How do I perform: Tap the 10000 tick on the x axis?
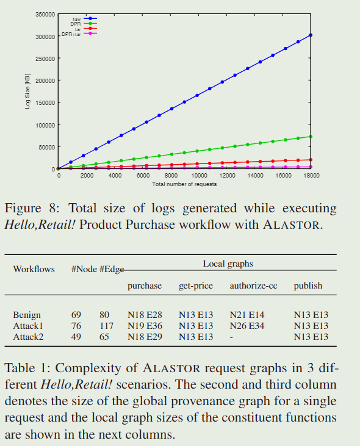[199, 175]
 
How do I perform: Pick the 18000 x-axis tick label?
[311, 175]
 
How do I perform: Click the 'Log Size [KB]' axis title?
[27, 92]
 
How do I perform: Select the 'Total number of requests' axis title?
[184, 184]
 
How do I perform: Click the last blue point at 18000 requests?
[311, 35]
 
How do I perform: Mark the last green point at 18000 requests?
[311, 137]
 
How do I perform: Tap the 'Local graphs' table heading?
[228, 264]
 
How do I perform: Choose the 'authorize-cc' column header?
[250, 286]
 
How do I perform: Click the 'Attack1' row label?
[28, 326]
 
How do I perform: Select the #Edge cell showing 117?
[107, 326]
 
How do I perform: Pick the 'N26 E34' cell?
[247, 326]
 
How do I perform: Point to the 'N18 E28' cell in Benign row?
[145, 315]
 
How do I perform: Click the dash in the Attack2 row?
[232, 337]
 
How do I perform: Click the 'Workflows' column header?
[34, 269]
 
